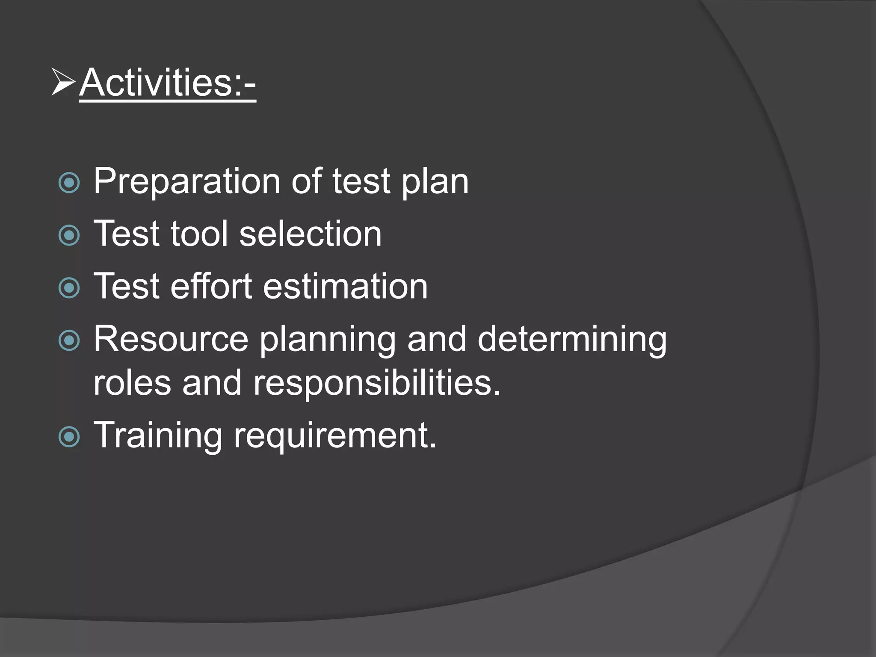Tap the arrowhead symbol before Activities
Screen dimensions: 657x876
click(63, 81)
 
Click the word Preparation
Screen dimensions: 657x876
click(186, 182)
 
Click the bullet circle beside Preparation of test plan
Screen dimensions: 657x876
click(69, 183)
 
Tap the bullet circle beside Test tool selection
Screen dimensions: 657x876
click(69, 235)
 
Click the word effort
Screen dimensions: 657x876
click(211, 286)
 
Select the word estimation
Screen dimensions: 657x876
click(345, 286)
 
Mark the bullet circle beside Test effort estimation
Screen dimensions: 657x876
click(69, 288)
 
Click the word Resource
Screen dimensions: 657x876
click(171, 339)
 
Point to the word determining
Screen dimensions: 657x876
click(572, 340)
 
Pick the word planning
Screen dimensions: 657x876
click(328, 340)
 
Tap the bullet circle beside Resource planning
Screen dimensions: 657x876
click(69, 340)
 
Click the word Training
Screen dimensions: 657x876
click(158, 435)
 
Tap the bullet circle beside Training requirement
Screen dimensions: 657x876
click(69, 437)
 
